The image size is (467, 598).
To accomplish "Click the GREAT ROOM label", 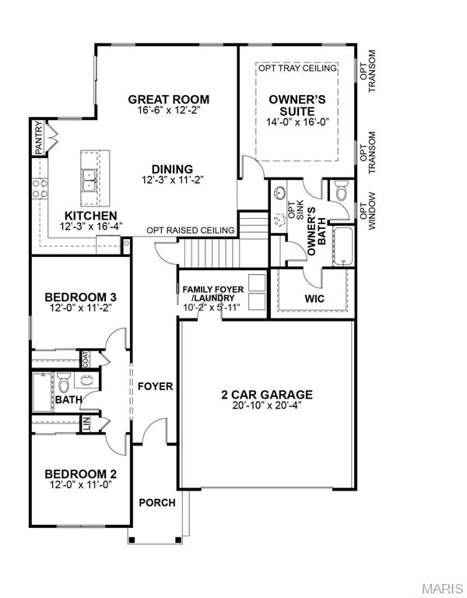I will click(x=168, y=99).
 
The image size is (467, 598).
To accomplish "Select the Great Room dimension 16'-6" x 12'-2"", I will click(x=168, y=111).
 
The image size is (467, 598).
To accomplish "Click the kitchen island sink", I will click(x=90, y=180).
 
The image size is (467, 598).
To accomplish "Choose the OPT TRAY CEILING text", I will click(x=298, y=69).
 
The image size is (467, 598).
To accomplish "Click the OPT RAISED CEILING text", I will click(x=191, y=230).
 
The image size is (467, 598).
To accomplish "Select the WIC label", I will click(x=314, y=299).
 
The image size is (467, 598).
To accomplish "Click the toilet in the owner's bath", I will click(x=340, y=189).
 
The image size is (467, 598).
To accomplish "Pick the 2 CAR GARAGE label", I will click(x=266, y=395).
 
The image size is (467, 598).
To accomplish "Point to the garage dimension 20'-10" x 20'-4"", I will click(x=266, y=406).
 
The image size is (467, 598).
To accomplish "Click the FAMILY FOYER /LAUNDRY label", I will click(x=212, y=294).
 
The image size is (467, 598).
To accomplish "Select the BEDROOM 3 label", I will click(x=80, y=297).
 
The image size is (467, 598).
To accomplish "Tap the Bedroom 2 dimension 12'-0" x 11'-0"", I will click(x=80, y=485).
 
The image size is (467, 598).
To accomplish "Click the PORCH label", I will click(x=156, y=502).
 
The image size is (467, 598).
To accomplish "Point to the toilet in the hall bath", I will click(x=65, y=383).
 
